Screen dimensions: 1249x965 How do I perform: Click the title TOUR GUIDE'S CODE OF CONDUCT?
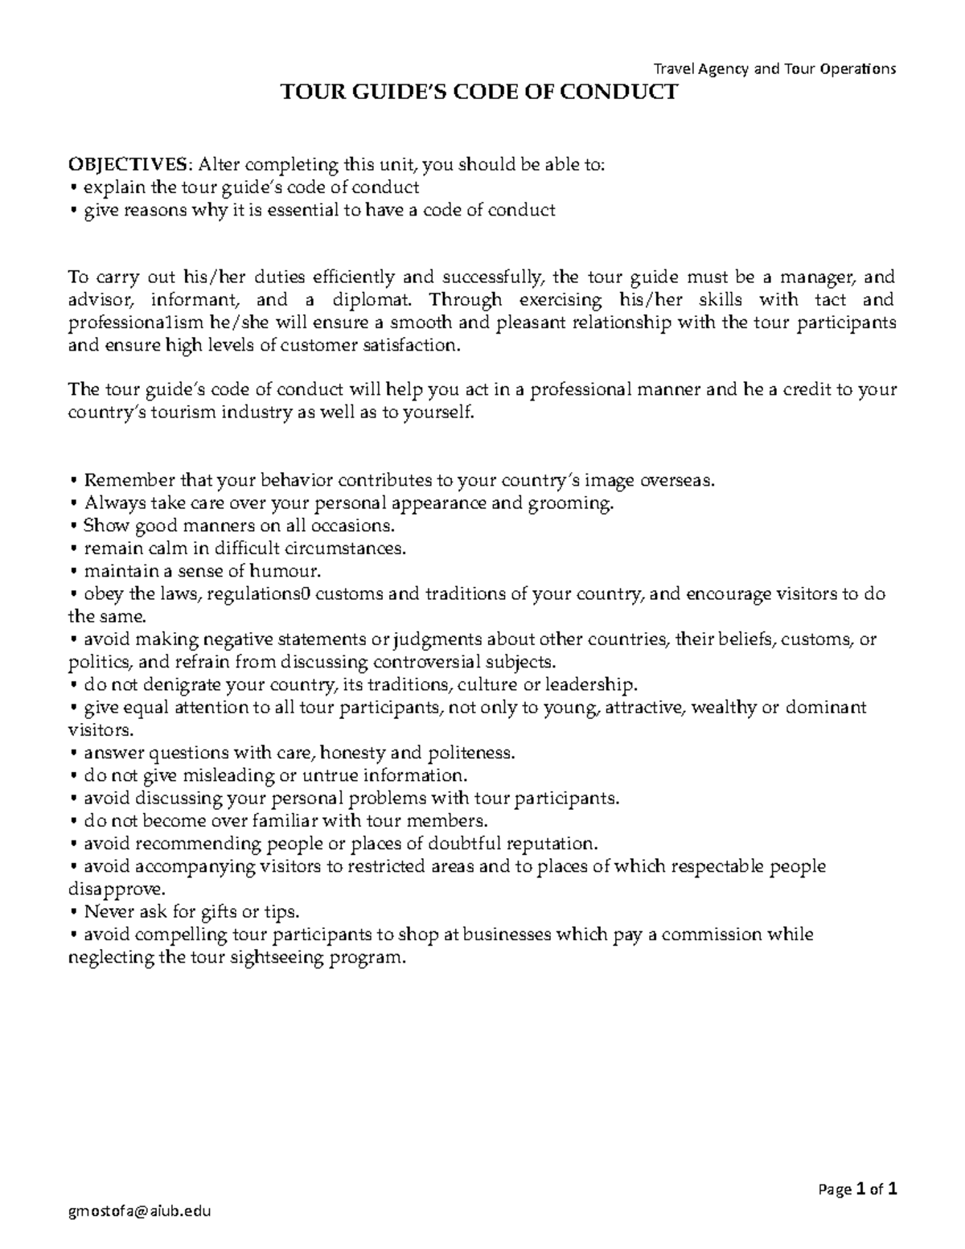point(478,92)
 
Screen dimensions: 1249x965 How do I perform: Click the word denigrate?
point(181,685)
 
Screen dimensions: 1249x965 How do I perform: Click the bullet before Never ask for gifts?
point(73,912)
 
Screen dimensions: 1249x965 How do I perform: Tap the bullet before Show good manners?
point(73,526)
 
